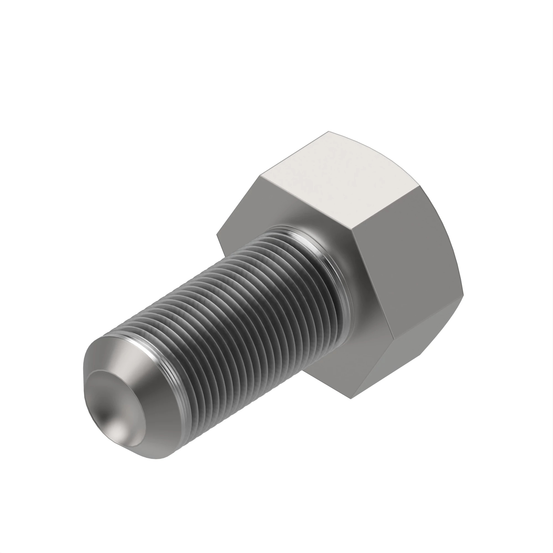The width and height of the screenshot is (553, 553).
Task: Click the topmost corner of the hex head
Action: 328,132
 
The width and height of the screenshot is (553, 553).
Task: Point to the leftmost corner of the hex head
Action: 217,235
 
